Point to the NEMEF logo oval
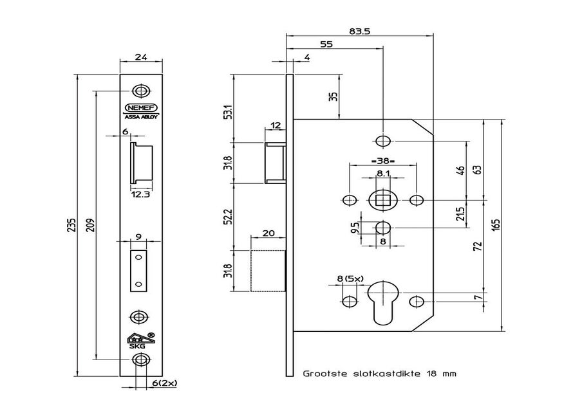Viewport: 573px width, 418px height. click(140, 108)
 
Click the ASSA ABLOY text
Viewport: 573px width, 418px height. click(140, 117)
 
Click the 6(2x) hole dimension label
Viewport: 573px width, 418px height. click(164, 383)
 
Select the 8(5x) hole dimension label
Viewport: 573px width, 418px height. click(351, 278)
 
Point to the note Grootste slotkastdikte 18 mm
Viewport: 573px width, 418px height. click(379, 373)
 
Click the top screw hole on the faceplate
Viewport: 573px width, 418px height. click(140, 90)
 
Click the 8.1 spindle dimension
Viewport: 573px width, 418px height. click(382, 173)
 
